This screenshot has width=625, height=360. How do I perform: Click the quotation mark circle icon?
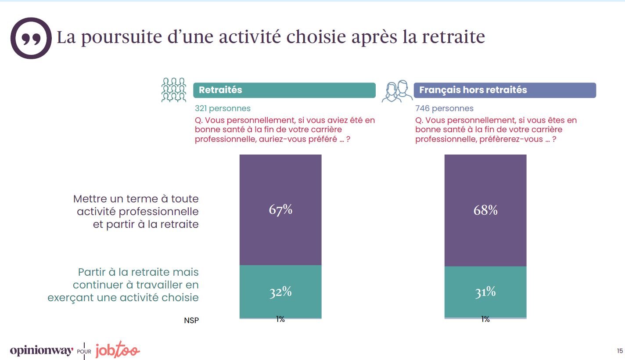[31, 38]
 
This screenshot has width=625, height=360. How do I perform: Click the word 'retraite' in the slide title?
[453, 37]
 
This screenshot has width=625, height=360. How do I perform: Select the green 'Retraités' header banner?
[284, 90]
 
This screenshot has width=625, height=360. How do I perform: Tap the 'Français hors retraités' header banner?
[505, 90]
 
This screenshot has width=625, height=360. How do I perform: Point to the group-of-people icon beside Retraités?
[174, 90]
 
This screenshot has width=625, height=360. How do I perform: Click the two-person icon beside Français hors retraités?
[397, 91]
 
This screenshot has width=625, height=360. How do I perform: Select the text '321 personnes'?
[223, 108]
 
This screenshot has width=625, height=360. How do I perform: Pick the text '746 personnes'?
[444, 108]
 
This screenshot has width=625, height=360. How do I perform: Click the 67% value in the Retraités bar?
[280, 210]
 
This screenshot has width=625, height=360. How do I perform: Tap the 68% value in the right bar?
[485, 210]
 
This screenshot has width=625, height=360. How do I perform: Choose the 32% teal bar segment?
[280, 292]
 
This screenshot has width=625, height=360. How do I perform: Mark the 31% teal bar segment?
[485, 292]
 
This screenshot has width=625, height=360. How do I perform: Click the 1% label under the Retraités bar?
[280, 320]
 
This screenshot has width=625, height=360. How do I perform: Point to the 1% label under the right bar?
[485, 320]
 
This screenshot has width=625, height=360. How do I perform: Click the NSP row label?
[191, 320]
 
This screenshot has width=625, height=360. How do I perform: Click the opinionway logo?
[41, 351]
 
